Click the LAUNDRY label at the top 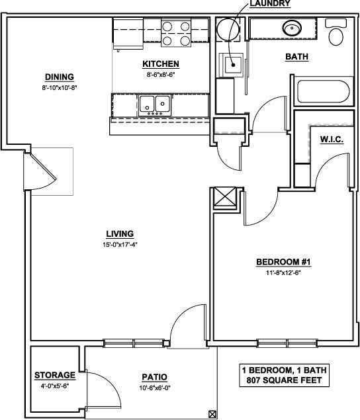(270, 4)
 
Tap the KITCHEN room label (161, 64)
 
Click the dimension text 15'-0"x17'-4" (120, 244)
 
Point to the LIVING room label (120, 233)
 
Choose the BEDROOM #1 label (279, 263)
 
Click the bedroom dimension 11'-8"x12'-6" (279, 273)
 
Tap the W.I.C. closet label (330, 140)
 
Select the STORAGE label (54, 376)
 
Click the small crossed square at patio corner (212, 414)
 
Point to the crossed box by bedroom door (223, 198)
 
